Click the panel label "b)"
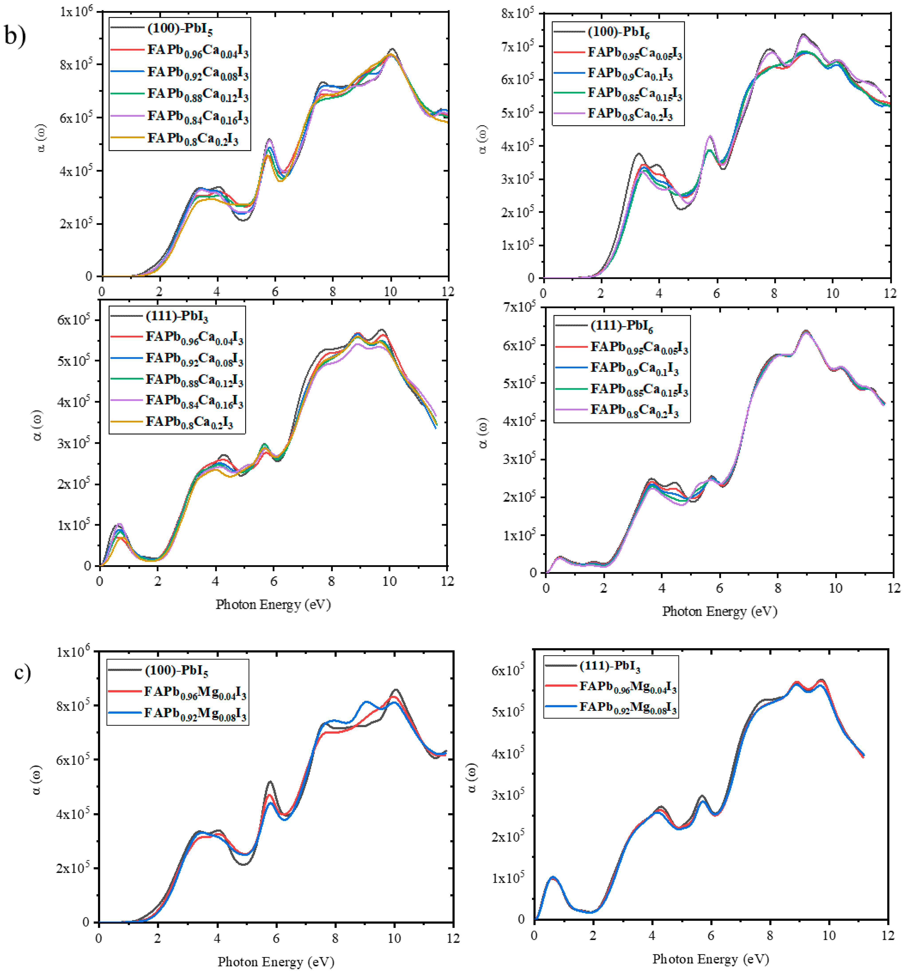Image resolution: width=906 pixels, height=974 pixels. point(16,36)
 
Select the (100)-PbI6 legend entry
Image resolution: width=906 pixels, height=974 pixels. point(618,32)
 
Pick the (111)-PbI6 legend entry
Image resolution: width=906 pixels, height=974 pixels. point(621,325)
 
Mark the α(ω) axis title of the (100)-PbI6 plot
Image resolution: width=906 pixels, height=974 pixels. point(483,140)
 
